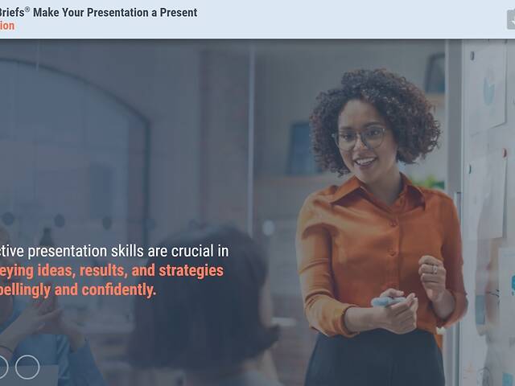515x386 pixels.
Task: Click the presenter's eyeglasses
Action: click(360, 138)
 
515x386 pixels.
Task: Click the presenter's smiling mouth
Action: click(366, 161)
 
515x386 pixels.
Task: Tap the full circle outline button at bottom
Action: click(27, 367)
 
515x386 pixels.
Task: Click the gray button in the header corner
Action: click(510, 19)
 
